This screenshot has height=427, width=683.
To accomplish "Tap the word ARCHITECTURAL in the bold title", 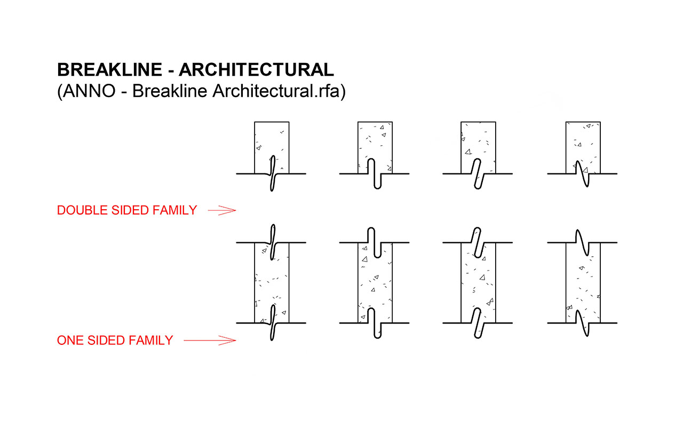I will click(x=257, y=70).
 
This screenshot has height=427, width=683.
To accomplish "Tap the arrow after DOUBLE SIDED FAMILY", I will click(x=221, y=211).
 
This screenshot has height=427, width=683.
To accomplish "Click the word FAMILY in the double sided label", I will click(x=174, y=210).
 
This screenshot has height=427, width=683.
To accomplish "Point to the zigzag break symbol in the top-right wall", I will click(x=583, y=173).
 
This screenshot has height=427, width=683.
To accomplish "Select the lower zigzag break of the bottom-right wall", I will click(x=583, y=322).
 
